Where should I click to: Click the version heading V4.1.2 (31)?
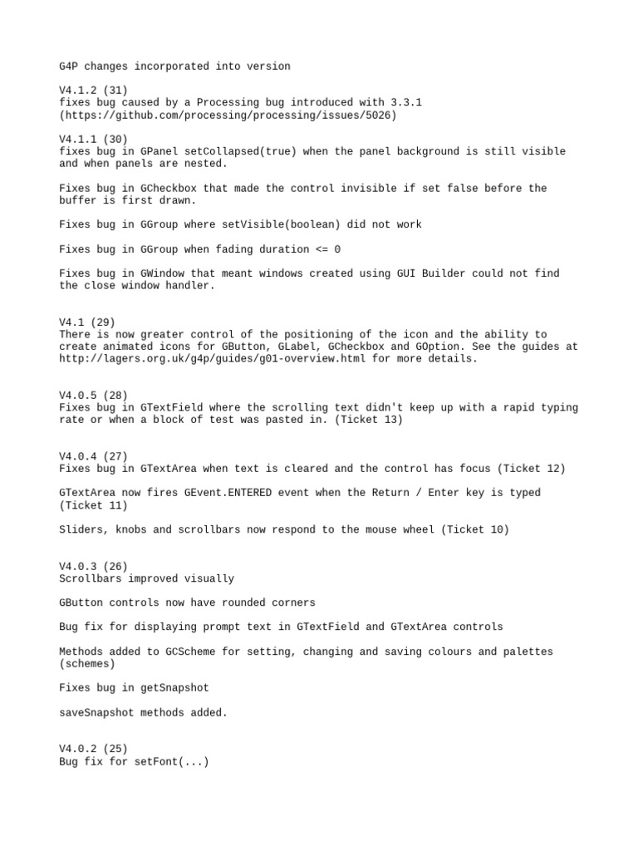click(x=93, y=90)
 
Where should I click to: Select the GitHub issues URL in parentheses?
click(x=228, y=115)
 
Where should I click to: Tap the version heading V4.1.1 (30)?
click(x=93, y=139)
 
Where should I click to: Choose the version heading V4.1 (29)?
click(x=86, y=322)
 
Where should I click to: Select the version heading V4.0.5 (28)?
click(x=93, y=396)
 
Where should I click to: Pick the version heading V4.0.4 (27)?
click(x=93, y=456)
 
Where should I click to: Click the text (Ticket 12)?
click(x=532, y=469)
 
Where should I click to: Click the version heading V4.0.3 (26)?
click(x=93, y=567)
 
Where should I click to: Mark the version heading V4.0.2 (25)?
click(x=93, y=749)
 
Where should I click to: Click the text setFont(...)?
click(x=171, y=761)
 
